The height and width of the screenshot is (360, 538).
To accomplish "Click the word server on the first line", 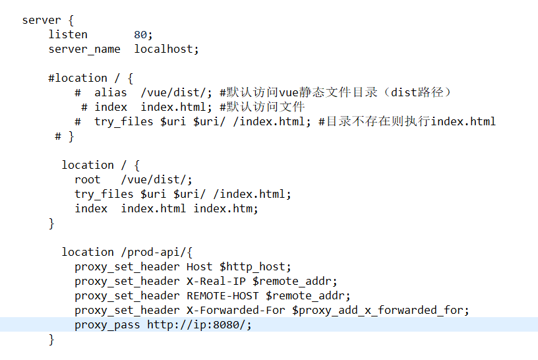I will tap(42, 20).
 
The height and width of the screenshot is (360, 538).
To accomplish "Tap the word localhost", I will tap(166, 49).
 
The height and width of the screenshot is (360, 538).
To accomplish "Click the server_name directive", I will tap(84, 49).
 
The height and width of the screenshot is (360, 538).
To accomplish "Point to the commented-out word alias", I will tap(110, 92).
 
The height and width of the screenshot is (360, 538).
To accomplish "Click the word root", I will tap(88, 179).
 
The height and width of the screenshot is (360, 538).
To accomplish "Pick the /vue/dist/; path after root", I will tap(156, 179).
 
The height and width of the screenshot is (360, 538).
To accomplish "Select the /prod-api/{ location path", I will tap(156, 252).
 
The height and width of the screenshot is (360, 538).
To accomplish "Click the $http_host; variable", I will tap(255, 266).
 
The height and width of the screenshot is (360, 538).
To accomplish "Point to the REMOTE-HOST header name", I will tap(222, 295).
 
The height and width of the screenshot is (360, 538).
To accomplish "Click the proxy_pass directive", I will tap(107, 324).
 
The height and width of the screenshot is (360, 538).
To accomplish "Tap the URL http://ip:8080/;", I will tap(199, 324).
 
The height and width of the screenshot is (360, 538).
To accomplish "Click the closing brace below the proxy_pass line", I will tap(51, 339).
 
